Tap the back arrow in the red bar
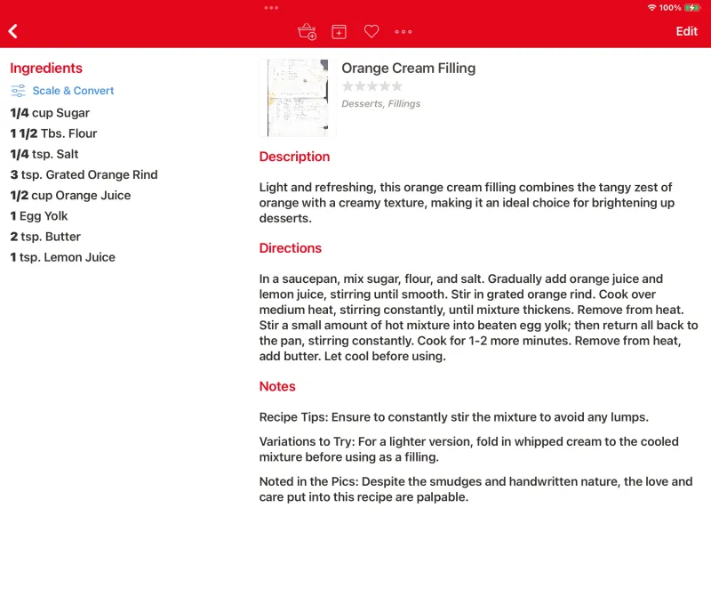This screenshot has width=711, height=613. click(x=13, y=31)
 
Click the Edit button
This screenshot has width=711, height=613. click(x=686, y=31)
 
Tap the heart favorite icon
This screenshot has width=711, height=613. click(x=371, y=31)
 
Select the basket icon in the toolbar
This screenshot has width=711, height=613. click(x=307, y=31)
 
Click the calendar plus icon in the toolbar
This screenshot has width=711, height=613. click(x=339, y=31)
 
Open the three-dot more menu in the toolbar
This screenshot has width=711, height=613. click(x=403, y=31)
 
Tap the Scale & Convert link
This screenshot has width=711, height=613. click(x=73, y=91)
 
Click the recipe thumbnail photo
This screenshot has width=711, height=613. click(x=298, y=98)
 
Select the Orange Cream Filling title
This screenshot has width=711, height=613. click(x=409, y=69)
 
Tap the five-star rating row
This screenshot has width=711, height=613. click(x=372, y=86)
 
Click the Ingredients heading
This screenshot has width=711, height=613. click(x=46, y=69)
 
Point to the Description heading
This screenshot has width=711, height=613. click(x=294, y=157)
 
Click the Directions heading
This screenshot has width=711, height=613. click(x=291, y=248)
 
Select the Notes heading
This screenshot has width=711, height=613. click(x=277, y=386)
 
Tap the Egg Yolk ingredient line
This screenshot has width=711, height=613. click(x=39, y=216)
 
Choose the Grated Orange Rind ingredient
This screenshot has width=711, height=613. click(x=84, y=174)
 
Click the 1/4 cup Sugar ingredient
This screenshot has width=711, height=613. click(x=50, y=113)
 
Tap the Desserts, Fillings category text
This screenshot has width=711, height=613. click(x=381, y=104)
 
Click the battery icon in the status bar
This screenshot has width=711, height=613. click(x=692, y=8)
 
